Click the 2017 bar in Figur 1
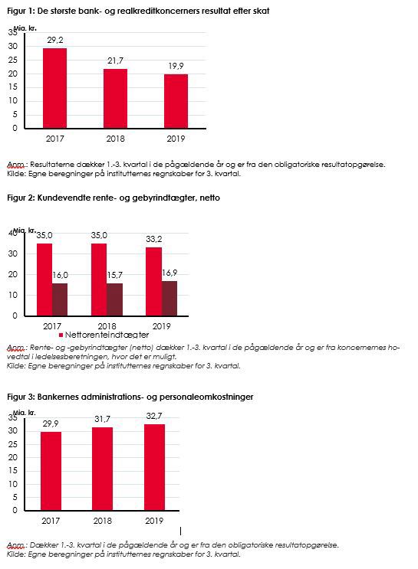pos(55,88)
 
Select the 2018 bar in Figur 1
pos(115,98)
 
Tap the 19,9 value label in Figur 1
pos(176,66)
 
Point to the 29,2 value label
pos(55,40)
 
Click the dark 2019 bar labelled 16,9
pos(170,299)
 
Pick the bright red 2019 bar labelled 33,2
pos(153,282)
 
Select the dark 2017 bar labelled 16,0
pos(60,299)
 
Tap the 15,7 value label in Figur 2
pos(115,275)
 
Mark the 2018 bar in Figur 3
pos(103,469)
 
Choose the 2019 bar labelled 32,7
pos(154,467)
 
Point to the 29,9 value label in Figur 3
pos(51,423)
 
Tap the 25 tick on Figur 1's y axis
pos(13,60)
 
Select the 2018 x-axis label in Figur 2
pos(107,326)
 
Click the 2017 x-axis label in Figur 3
pos(51,521)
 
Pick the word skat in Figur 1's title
pos(261,11)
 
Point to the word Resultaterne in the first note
pos(52,165)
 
